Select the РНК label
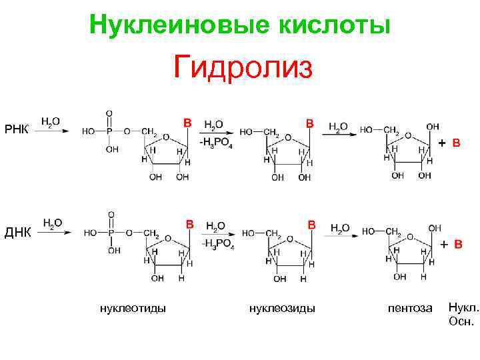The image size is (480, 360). [17, 129]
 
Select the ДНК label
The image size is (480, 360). [18, 232]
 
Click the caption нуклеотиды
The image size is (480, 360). [133, 307]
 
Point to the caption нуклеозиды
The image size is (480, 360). [282, 307]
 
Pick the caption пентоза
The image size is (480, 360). [410, 308]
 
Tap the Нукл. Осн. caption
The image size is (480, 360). [463, 314]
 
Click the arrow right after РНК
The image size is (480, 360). [51, 131]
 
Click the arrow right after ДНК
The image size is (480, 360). [53, 233]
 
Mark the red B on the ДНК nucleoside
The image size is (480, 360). [311, 225]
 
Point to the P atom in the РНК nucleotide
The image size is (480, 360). [110, 131]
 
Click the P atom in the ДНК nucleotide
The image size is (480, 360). [111, 233]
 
